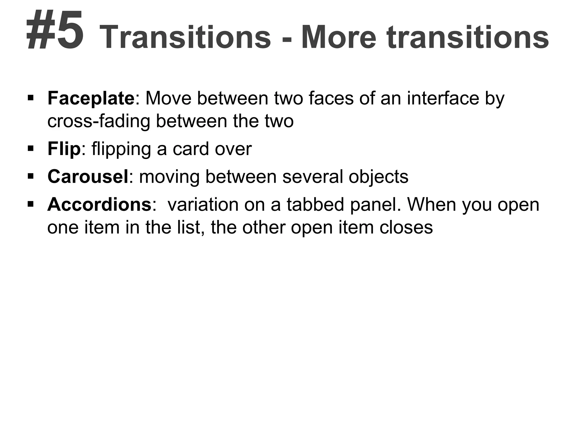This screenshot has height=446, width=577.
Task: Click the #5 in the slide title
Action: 55,30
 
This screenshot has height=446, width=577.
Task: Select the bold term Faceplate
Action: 91,98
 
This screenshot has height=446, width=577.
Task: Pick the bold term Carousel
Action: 88,176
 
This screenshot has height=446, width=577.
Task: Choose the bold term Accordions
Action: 99,204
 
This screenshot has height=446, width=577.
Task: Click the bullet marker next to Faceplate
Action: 31,98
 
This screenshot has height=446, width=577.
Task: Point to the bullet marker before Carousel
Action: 31,176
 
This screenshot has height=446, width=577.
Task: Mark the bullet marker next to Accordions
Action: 31,204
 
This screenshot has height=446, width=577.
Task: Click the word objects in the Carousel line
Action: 378,177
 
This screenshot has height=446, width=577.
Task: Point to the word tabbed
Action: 316,204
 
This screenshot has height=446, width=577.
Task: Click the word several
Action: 312,176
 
